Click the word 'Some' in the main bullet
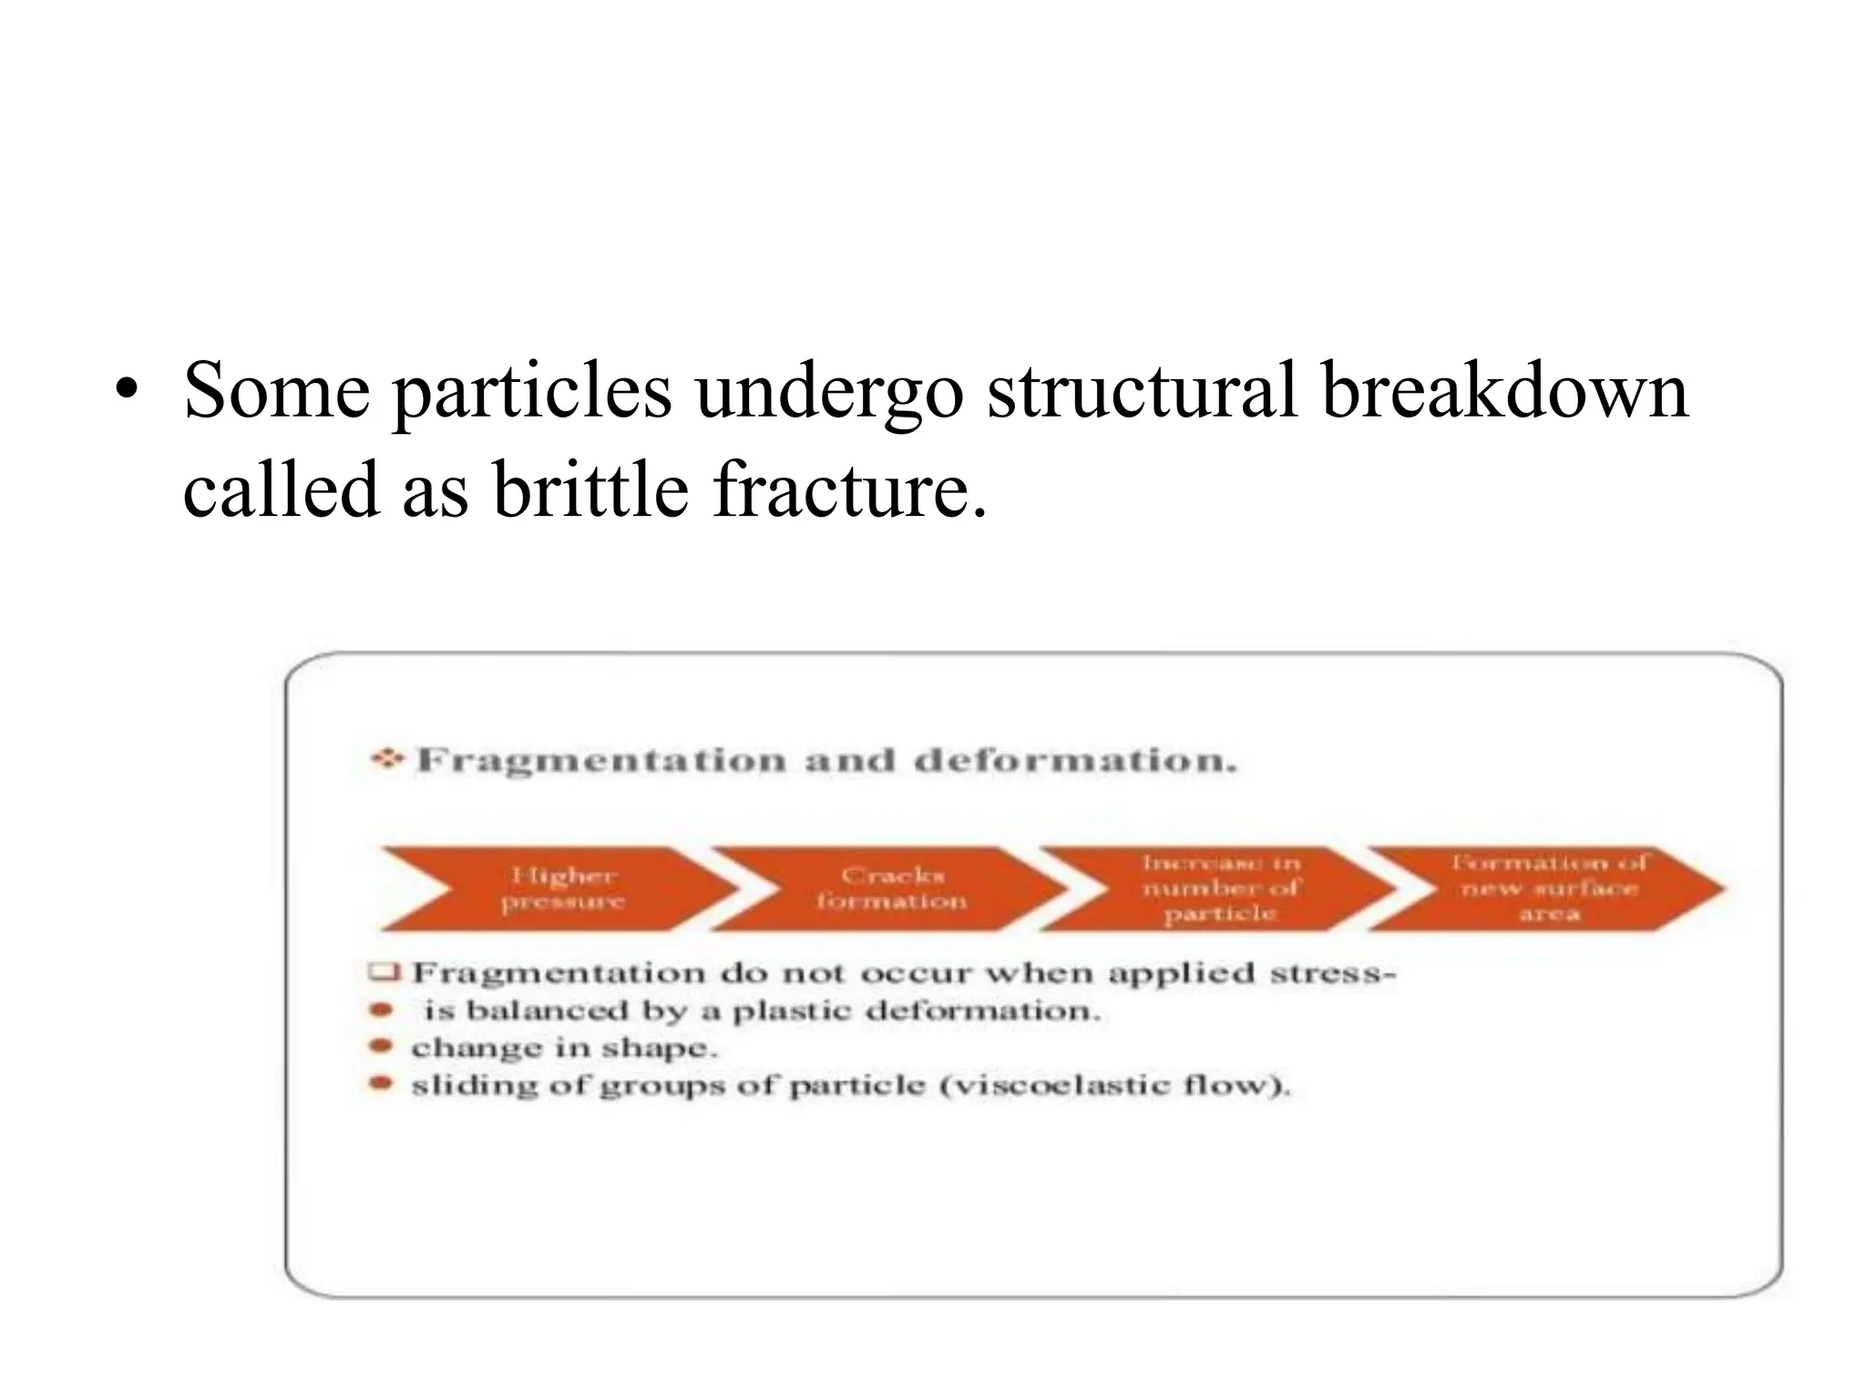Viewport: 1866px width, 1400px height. click(276, 392)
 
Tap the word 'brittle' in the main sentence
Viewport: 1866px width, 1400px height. click(590, 490)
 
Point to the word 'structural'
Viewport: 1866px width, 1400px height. click(1142, 392)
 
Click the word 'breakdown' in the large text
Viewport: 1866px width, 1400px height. click(1504, 392)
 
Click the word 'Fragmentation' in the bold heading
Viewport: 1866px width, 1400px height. click(601, 761)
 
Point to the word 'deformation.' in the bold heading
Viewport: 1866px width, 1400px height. click(1076, 761)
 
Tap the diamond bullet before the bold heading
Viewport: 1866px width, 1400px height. click(387, 758)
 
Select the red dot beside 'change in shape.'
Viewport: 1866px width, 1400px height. click(382, 1046)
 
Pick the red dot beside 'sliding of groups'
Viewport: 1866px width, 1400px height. click(382, 1084)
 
